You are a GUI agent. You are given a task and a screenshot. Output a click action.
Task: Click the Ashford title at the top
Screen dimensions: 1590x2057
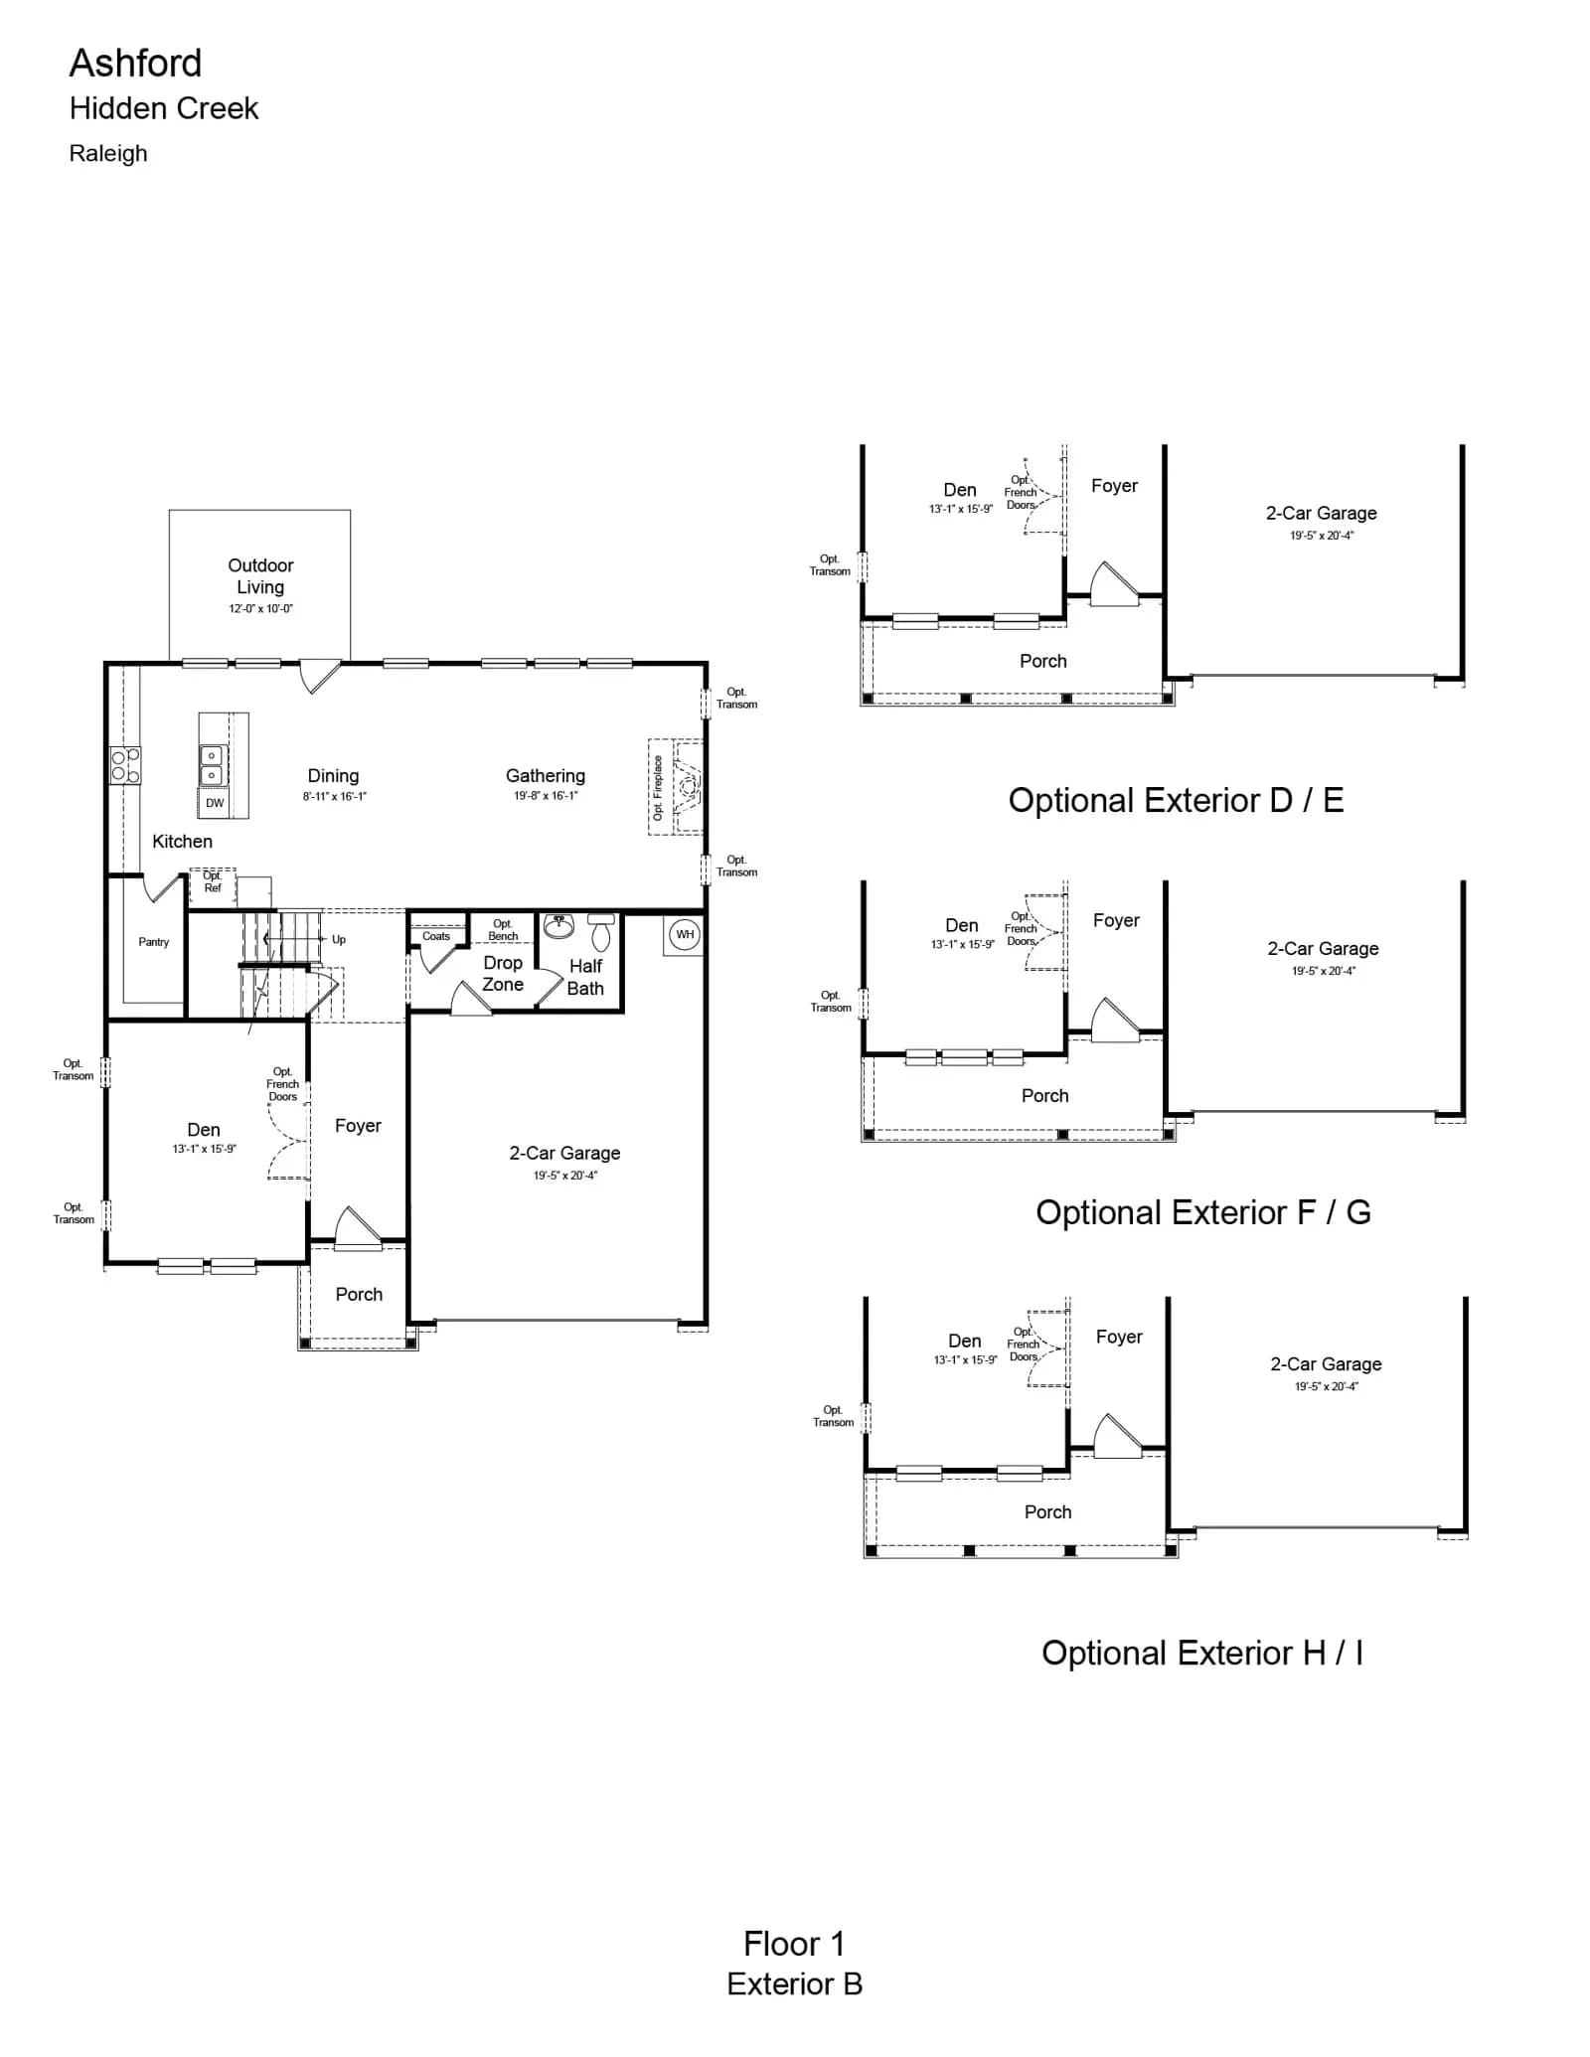coord(135,64)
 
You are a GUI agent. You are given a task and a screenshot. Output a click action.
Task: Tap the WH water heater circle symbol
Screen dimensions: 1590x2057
coord(685,934)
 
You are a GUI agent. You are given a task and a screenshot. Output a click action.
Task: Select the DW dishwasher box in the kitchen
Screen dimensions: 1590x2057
coord(215,803)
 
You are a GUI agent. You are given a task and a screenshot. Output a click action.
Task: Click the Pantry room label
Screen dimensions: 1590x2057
coord(154,942)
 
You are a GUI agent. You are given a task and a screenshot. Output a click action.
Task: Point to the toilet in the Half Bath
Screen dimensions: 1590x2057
coord(601,932)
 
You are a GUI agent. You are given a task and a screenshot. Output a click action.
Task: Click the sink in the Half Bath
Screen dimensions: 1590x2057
coord(558,925)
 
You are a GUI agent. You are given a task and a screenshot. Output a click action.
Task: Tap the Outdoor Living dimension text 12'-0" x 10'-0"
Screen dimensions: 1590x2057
coord(260,608)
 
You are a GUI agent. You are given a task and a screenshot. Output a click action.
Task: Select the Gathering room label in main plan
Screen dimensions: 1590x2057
coord(546,775)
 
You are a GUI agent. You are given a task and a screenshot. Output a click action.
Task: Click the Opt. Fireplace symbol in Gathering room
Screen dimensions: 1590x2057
coord(677,786)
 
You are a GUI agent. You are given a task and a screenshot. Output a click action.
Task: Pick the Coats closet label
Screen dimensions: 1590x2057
coord(436,936)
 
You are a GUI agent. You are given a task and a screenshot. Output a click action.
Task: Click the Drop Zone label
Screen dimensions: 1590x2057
coord(503,974)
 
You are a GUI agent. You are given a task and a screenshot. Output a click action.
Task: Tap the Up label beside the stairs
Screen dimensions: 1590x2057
coord(339,940)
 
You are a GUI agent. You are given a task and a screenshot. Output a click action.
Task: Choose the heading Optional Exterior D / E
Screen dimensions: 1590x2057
coord(1176,800)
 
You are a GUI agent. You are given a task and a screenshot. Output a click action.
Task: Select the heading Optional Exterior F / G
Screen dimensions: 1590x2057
coord(1202,1212)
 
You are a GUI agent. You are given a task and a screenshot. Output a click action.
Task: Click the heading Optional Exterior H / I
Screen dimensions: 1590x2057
coord(1202,1653)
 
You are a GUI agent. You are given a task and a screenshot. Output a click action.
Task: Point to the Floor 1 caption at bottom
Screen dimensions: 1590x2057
coord(794,1943)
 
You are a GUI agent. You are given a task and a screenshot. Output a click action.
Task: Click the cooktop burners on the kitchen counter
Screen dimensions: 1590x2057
coord(125,765)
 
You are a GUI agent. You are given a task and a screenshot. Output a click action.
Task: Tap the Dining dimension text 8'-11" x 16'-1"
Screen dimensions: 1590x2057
coord(335,796)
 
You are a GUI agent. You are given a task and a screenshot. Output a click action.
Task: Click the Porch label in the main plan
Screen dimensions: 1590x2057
coord(359,1294)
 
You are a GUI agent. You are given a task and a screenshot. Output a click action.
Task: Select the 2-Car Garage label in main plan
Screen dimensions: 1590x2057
coord(564,1153)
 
